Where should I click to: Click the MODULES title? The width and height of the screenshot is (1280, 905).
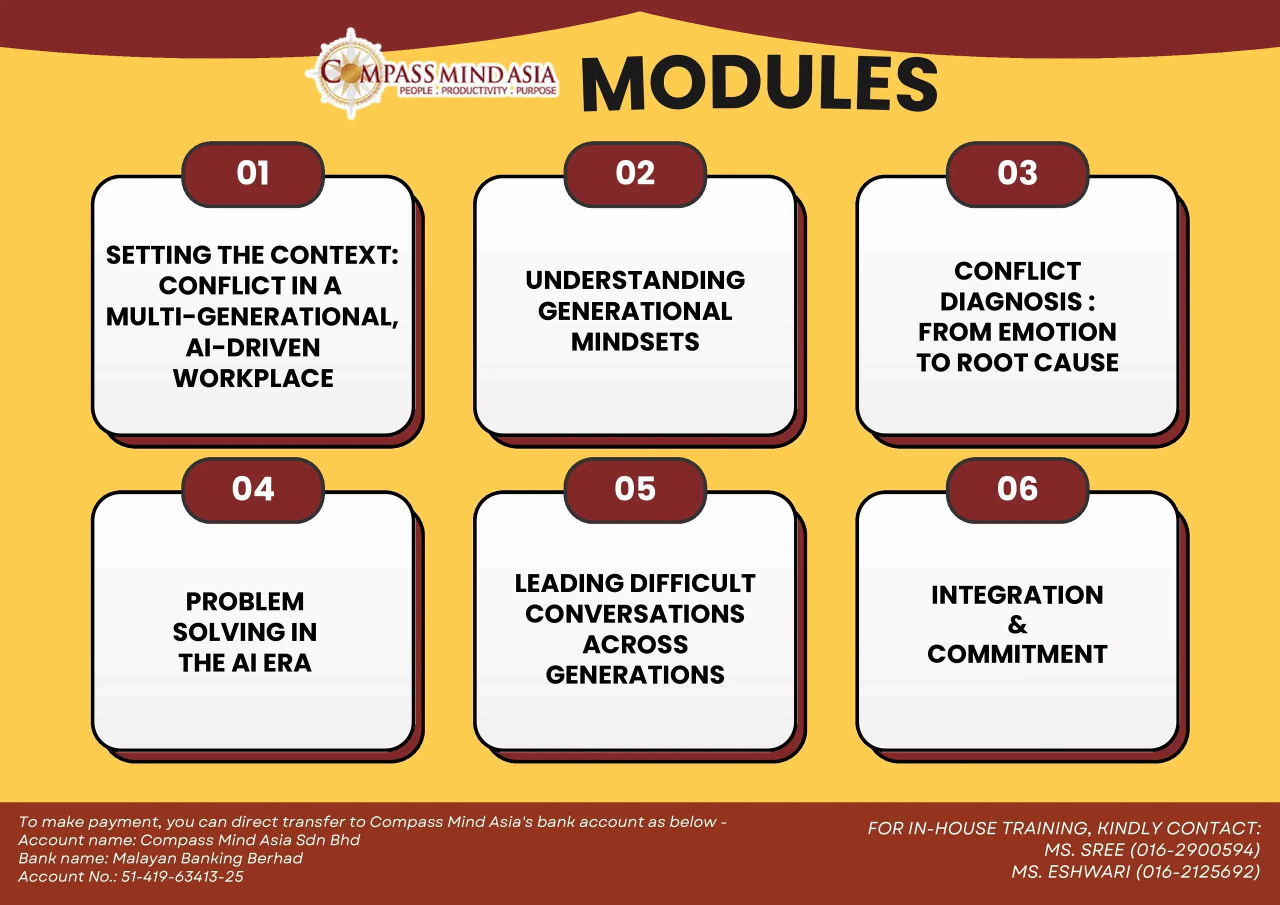[759, 84]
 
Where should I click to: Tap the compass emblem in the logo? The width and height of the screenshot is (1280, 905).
[350, 73]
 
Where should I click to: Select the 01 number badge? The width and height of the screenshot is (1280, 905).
[253, 174]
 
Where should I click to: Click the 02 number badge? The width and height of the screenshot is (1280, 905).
[635, 174]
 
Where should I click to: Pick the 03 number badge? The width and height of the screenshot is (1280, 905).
[1017, 174]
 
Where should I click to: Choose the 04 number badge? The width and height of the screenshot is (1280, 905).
[253, 489]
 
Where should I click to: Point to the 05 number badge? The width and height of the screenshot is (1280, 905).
[635, 489]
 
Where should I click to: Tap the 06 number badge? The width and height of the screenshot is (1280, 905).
[1017, 489]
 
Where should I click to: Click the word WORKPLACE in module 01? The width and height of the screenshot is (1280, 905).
[253, 378]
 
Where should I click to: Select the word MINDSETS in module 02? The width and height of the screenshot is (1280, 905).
[635, 342]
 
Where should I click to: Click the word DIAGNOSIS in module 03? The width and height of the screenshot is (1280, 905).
[1011, 301]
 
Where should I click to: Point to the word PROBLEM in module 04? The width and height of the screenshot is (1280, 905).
[244, 601]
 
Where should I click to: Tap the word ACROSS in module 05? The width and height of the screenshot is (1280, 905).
[635, 644]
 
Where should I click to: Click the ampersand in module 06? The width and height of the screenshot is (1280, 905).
[1017, 624]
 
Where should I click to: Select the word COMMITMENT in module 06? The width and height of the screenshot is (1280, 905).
[1017, 654]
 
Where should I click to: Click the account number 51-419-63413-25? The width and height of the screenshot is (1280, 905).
[182, 876]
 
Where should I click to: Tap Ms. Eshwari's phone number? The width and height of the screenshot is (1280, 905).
[1198, 871]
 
